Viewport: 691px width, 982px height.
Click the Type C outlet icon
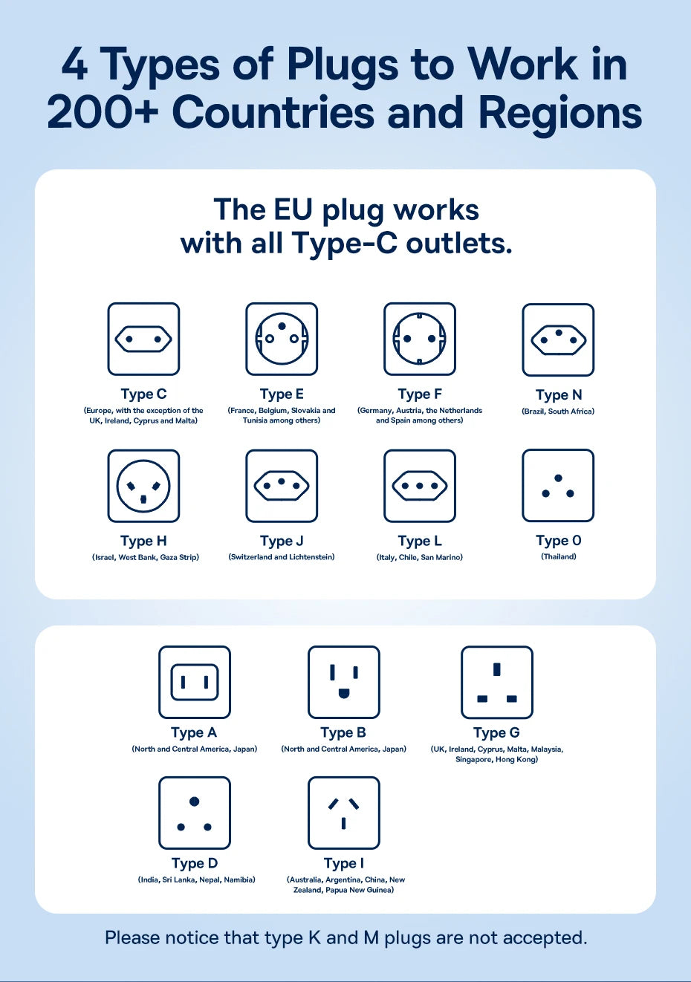pos(143,339)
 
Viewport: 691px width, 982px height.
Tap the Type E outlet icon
pos(282,339)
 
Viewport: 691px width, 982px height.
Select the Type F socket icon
pos(420,339)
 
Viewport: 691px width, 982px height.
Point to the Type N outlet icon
pos(558,339)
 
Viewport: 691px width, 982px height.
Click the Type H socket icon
pos(143,486)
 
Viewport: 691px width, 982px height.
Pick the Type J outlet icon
pos(282,486)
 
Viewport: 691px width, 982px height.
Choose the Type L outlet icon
pos(420,486)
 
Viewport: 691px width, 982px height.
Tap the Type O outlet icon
pos(558,485)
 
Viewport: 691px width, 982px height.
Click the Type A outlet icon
pos(195,682)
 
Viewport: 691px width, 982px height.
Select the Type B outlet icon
pos(344,682)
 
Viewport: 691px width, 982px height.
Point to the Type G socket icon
pos(497,682)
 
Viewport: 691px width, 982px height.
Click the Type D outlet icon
pos(195,813)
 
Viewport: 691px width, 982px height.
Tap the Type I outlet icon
pos(344,813)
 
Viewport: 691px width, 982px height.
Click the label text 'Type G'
pos(496,733)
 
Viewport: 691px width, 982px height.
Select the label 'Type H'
pos(143,542)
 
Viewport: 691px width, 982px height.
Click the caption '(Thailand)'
pos(558,556)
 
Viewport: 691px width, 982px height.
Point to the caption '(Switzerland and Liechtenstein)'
pos(282,557)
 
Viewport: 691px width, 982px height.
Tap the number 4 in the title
pos(74,65)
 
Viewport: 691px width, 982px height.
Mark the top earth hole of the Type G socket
pos(497,669)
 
